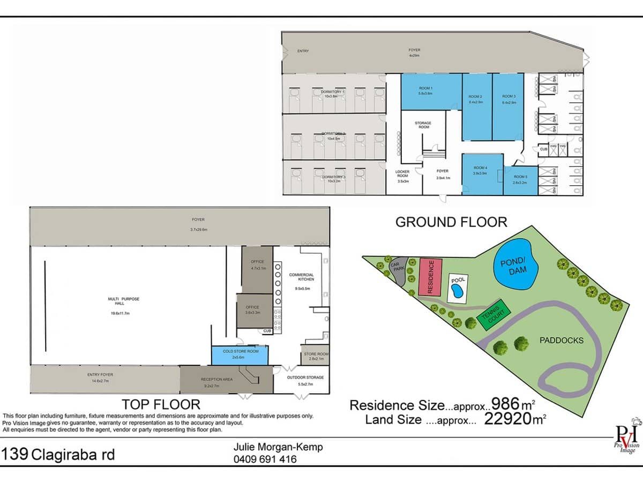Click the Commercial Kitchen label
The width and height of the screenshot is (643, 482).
301,277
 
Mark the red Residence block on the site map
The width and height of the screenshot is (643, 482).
430,276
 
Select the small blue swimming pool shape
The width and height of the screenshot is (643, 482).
457,291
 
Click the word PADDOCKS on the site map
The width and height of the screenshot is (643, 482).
561,340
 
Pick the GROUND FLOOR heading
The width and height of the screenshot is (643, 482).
451,222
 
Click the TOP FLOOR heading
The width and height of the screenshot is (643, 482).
161,404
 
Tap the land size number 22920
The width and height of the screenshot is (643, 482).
510,419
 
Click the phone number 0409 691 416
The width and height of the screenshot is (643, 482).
265,459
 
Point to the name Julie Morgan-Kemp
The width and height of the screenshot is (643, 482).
278,447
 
